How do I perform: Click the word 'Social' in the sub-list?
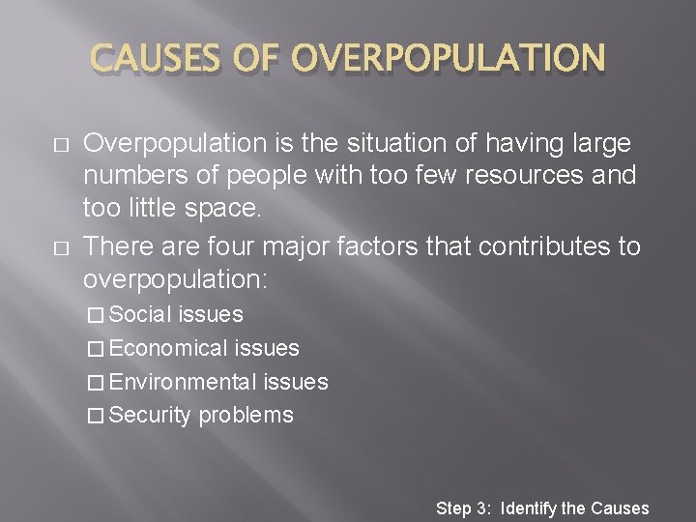(x=141, y=314)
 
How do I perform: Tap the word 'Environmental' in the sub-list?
(x=183, y=382)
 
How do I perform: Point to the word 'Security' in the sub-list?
(x=151, y=416)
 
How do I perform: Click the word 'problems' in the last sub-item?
(x=246, y=416)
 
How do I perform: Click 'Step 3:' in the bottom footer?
(x=465, y=507)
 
